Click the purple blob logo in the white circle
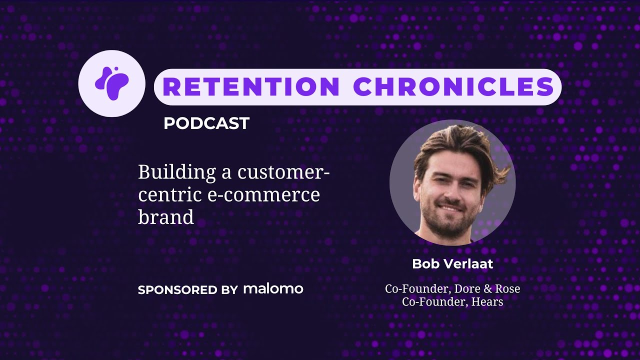(x=112, y=83)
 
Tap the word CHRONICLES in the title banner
(x=454, y=87)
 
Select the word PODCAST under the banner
(x=206, y=123)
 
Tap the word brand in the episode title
(x=165, y=216)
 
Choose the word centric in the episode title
(x=170, y=194)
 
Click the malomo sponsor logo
(x=273, y=289)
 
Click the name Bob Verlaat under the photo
(x=452, y=264)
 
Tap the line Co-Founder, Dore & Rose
(x=452, y=289)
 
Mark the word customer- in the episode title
(x=284, y=173)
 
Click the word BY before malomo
(x=229, y=290)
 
